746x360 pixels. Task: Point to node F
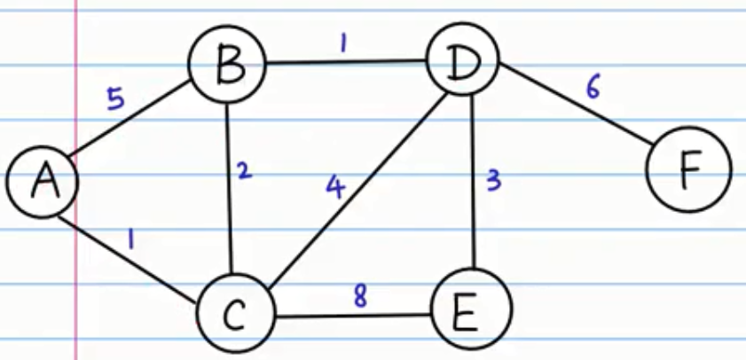(689, 168)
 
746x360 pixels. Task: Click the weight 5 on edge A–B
(116, 98)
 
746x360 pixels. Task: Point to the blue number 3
(495, 182)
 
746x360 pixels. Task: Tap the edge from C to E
(355, 315)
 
